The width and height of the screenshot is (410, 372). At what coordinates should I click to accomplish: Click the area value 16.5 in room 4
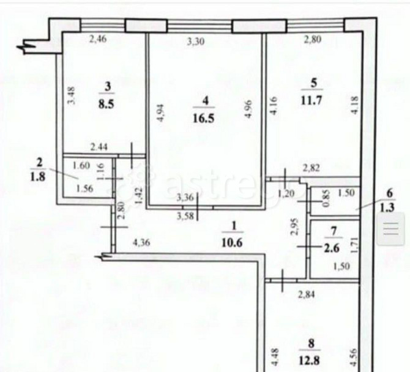click(204, 119)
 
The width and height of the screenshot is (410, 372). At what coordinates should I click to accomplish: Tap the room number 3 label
click(108, 86)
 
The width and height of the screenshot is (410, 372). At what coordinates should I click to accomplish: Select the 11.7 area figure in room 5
click(311, 100)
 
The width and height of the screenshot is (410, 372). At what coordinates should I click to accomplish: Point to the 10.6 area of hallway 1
click(232, 243)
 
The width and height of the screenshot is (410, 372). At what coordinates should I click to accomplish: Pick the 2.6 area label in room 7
click(332, 248)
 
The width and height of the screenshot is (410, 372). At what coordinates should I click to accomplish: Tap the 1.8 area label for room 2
click(38, 176)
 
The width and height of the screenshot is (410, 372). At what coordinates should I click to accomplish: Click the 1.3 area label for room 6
click(387, 208)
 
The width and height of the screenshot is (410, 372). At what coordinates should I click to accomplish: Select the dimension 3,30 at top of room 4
click(196, 42)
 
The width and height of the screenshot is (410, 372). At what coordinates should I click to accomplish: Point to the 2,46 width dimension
click(98, 40)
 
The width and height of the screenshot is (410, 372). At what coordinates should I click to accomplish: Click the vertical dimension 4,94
click(160, 113)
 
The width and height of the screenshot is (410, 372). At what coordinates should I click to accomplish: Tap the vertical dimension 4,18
click(355, 105)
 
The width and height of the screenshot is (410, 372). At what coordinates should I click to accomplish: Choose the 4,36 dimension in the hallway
click(141, 243)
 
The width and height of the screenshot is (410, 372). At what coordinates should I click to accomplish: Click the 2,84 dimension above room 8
click(307, 295)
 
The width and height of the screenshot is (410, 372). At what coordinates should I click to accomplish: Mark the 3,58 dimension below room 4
click(185, 216)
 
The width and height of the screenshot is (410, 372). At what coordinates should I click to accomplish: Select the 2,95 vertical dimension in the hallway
click(295, 227)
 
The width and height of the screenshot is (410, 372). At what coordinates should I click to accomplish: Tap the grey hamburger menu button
click(391, 229)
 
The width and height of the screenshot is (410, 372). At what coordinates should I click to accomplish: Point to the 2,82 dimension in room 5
click(311, 168)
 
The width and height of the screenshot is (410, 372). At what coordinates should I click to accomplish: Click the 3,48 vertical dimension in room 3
click(72, 95)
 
